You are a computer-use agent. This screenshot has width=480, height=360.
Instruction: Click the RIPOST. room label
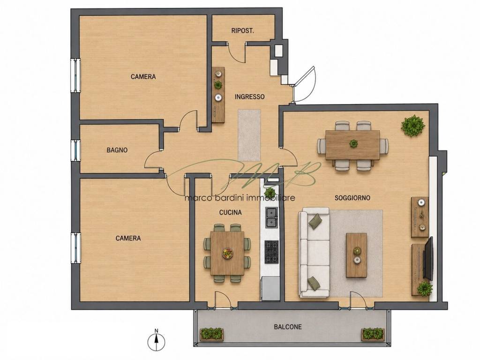coord(243,30)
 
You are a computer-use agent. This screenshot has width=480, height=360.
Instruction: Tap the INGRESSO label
coord(249,97)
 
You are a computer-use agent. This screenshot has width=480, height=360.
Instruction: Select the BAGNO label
coord(117,150)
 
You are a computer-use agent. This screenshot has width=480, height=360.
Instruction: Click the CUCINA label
coord(230,212)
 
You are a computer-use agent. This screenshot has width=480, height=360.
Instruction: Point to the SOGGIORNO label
coord(352,198)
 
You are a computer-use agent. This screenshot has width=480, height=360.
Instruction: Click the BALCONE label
coord(287,327)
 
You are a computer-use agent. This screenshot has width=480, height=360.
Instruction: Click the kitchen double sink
coord(271,217)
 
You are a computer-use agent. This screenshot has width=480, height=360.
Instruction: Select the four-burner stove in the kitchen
coord(271,252)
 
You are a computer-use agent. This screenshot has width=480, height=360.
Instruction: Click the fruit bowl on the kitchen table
coord(227,253)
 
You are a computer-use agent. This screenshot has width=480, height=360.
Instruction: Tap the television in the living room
coord(428,258)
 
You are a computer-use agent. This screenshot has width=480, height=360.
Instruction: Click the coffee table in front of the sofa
coord(356,255)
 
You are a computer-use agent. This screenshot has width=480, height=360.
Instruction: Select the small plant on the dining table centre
coord(353,143)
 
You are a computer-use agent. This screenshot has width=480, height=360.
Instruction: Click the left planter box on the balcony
coord(212,334)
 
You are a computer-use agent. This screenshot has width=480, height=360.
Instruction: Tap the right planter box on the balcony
coord(373,334)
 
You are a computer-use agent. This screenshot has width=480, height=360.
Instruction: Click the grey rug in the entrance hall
coord(249,135)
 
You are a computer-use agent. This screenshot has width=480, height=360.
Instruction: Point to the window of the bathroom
coord(75,150)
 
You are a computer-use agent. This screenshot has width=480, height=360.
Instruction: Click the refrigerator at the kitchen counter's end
coord(270,289)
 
